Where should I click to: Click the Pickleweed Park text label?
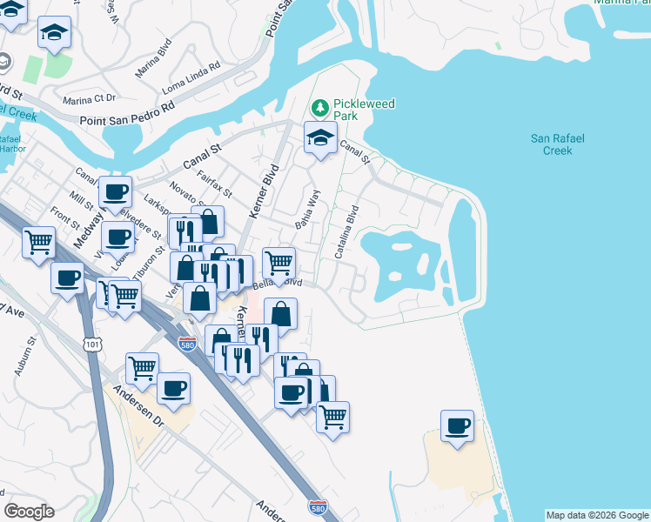point(364,110)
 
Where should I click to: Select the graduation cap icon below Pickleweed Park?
point(320,137)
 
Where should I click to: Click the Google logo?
point(29,512)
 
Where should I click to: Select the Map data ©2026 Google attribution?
point(596,515)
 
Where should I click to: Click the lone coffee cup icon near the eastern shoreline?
point(457,426)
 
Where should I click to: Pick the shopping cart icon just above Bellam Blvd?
point(279,262)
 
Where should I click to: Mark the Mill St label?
point(84,200)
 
